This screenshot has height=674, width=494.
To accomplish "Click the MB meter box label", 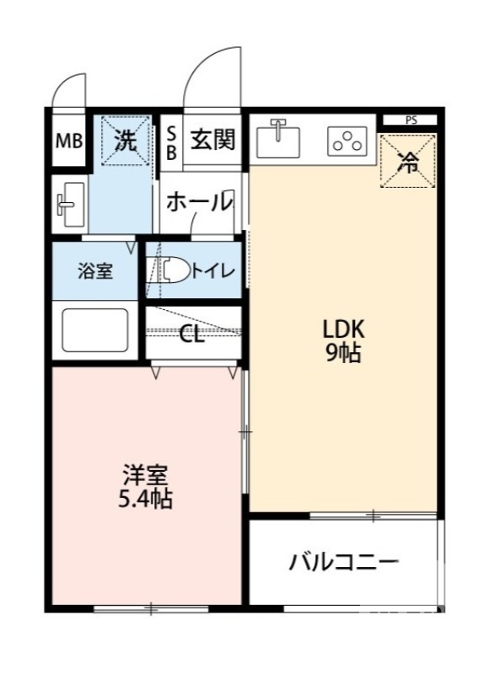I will coord(69,141).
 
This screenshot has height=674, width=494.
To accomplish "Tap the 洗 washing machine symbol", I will coord(125,141).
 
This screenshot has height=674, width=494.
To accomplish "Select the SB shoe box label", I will coord(170,142).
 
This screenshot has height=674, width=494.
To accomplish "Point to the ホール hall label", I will coord(198,202).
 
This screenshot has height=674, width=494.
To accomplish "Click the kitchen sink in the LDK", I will coord(279,139).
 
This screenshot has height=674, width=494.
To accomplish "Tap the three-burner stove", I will coord(346,142).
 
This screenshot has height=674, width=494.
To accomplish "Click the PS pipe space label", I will coord(411,120).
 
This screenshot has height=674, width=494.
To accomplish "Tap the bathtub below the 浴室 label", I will coord(94,329).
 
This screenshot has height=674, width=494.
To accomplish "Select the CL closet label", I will coord(192,334).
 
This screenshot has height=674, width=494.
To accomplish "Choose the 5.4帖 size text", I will coord(145,500).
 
